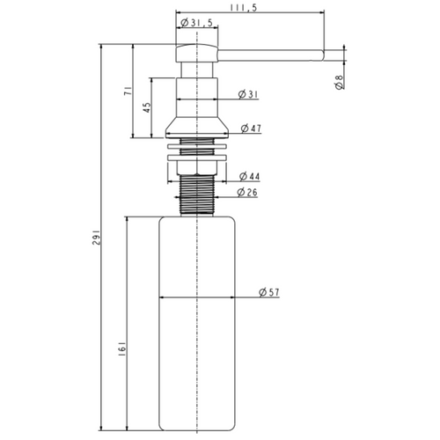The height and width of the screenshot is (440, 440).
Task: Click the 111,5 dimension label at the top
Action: (x=243, y=8)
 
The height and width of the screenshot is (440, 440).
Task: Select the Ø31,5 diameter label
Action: (x=196, y=23)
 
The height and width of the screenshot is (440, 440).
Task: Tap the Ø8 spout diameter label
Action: (x=339, y=82)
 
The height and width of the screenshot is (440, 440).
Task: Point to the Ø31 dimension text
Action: (x=248, y=94)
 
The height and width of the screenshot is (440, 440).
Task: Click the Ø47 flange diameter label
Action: (x=251, y=128)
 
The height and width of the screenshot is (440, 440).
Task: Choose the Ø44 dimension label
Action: (x=249, y=176)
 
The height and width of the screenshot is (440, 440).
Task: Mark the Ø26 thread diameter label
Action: (x=247, y=192)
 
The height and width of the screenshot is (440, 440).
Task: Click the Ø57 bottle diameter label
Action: (x=269, y=292)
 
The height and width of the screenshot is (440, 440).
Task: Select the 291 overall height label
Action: (x=97, y=238)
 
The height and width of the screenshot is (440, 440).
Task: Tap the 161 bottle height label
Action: (x=122, y=348)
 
